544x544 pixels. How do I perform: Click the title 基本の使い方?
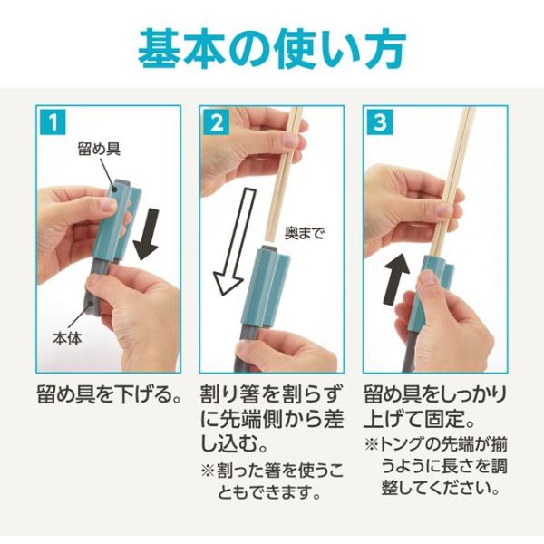[x=272, y=47]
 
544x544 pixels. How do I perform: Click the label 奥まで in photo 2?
[x=304, y=233]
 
